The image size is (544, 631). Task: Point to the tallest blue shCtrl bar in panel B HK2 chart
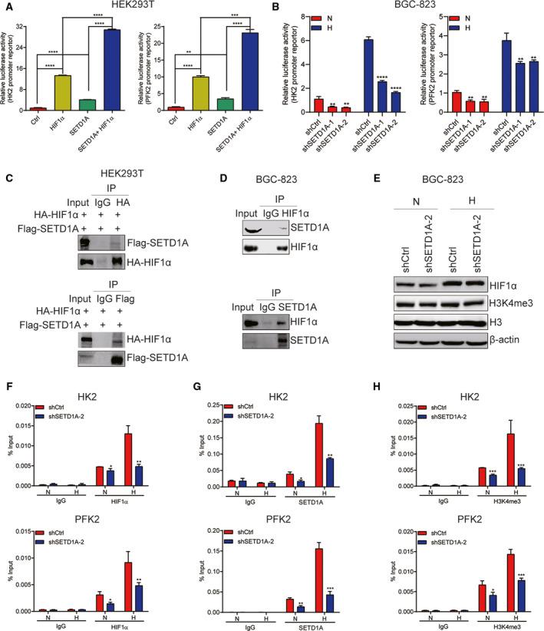pos(368,72)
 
